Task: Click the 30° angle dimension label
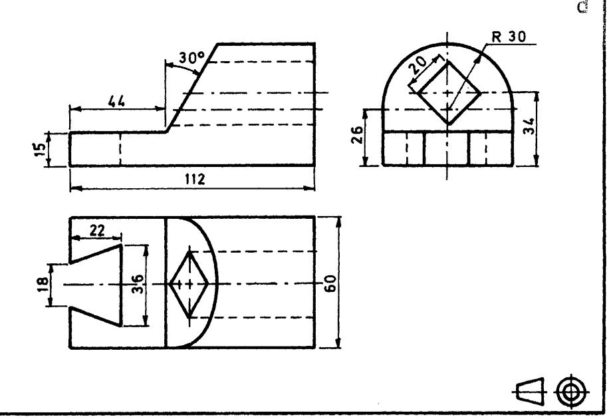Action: point(191,58)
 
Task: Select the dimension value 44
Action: point(116,101)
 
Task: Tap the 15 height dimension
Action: point(40,149)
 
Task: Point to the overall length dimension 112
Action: point(195,179)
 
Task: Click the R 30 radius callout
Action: point(509,37)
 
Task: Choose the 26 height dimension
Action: point(357,134)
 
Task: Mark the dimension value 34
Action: point(529,126)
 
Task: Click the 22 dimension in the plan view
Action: point(97,230)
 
